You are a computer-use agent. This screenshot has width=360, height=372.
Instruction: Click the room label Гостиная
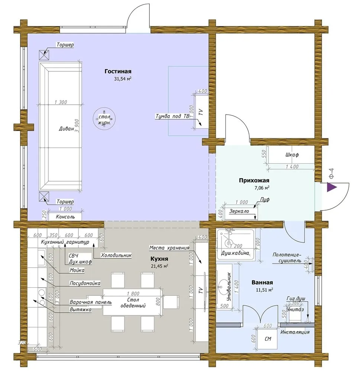pyautogui.click(x=118, y=71)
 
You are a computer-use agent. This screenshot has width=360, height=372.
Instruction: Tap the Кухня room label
pyautogui.click(x=159, y=259)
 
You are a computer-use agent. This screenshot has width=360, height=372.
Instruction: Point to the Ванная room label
pyautogui.click(x=262, y=283)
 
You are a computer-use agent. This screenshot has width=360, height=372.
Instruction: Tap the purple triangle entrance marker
pyautogui.click(x=332, y=187)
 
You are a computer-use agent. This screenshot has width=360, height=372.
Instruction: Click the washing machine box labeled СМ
pyautogui.click(x=268, y=339)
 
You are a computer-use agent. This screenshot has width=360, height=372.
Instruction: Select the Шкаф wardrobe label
pyautogui.click(x=292, y=155)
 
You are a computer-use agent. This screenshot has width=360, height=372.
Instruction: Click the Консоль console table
pyautogui.click(x=65, y=217)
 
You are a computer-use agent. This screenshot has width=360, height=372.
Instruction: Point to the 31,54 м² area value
pyautogui.click(x=123, y=79)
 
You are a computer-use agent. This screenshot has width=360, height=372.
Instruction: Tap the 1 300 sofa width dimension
pyautogui.click(x=61, y=102)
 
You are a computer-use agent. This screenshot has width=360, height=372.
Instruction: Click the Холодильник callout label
pyautogui.click(x=116, y=255)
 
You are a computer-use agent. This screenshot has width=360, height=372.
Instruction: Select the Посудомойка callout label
pyautogui.click(x=85, y=283)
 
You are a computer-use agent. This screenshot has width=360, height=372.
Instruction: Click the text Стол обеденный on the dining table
pyautogui.click(x=133, y=303)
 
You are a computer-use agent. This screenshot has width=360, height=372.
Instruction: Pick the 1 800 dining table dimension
pyautogui.click(x=133, y=294)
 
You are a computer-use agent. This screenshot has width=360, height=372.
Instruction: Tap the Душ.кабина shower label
pyautogui.click(x=235, y=253)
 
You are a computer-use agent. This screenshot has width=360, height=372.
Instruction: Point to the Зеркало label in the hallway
pyautogui.click(x=239, y=211)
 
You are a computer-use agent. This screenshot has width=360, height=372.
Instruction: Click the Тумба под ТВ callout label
pyautogui.click(x=172, y=116)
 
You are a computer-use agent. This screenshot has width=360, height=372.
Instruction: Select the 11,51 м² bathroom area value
pyautogui.click(x=264, y=290)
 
